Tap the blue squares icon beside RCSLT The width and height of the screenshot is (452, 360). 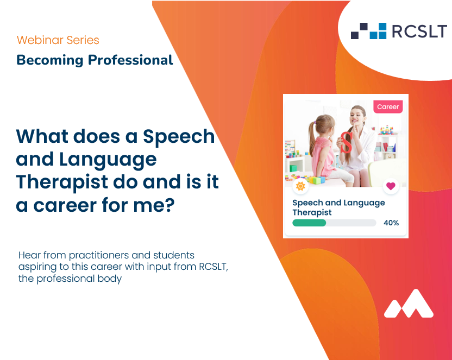click(369, 31)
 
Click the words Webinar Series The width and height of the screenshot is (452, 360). click(58, 40)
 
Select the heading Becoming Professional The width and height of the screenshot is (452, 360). click(95, 60)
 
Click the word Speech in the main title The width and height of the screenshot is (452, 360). click(179, 136)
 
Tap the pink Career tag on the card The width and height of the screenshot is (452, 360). click(388, 107)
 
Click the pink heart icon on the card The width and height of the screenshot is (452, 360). click(390, 186)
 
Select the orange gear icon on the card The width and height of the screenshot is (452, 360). click(300, 186)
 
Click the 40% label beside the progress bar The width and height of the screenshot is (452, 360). click(391, 223)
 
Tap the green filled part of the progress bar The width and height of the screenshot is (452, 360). click(309, 223)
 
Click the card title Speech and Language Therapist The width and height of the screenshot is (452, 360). click(338, 207)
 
